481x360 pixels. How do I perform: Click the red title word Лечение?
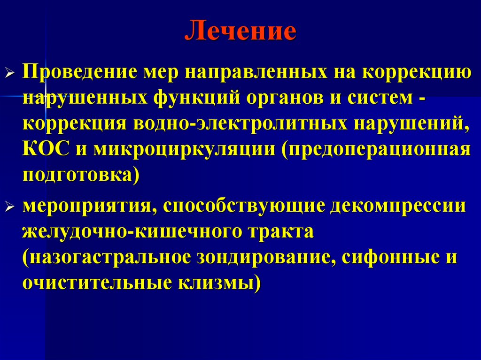(x=240, y=32)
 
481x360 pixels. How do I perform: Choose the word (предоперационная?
(x=376, y=150)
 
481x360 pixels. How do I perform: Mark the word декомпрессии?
(x=399, y=205)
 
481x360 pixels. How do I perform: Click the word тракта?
(x=279, y=231)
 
